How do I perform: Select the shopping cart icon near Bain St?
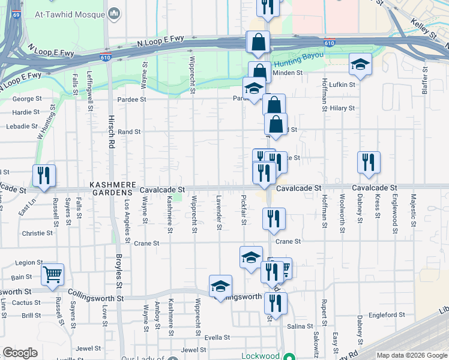[x=53, y=274]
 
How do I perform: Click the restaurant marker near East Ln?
[x=44, y=175]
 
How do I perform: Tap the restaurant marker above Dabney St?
[x=368, y=162]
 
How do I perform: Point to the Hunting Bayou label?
[x=298, y=59]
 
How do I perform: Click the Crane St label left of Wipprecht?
[x=146, y=244]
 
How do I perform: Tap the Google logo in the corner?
[x=20, y=353]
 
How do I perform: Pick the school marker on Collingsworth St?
[x=220, y=286]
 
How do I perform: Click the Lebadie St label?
[x=22, y=127]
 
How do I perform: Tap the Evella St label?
[x=217, y=338]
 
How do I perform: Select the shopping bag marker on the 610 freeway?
[x=258, y=43]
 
